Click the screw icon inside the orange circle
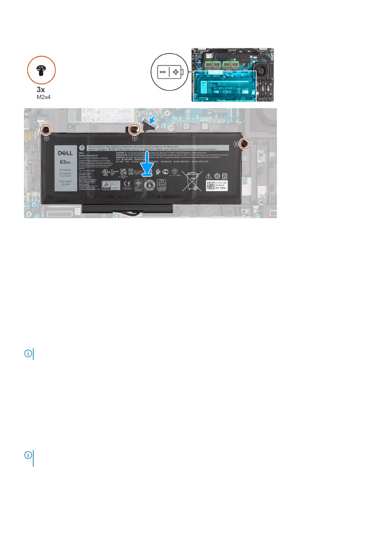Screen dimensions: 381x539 coord(41,70)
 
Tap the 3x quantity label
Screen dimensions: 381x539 coord(41,90)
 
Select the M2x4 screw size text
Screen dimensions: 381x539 coord(44,97)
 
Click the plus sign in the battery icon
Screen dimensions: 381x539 coord(176,72)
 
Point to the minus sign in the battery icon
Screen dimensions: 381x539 coord(163,72)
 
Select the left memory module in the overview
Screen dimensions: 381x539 coord(212,65)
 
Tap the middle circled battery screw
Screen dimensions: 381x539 coord(135,129)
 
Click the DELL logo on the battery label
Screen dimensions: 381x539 coord(65,153)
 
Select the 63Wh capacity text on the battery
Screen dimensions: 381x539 coord(65,162)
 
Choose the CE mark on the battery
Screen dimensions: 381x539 coord(127,184)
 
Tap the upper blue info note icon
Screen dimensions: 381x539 coord(28,353)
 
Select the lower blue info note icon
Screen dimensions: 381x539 coord(28,455)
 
